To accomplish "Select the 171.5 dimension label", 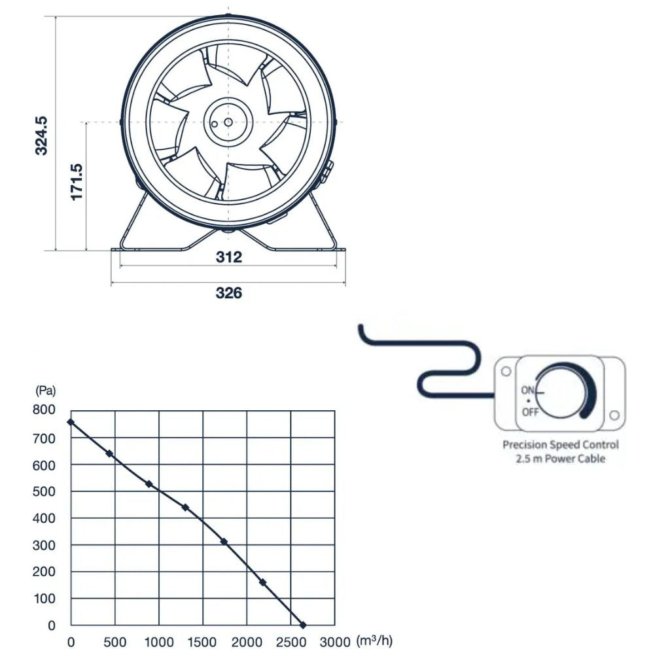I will (x=77, y=182).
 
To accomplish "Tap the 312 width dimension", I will (x=228, y=257).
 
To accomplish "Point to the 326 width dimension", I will (x=228, y=292).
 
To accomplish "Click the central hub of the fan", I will (x=228, y=122).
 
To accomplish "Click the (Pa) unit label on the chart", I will (x=45, y=391).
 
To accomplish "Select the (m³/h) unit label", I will (x=374, y=641).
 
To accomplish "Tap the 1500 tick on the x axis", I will (x=202, y=643).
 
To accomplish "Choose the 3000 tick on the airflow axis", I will (x=335, y=643).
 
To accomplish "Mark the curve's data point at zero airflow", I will (x=71, y=422).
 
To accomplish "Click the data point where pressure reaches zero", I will (x=303, y=626).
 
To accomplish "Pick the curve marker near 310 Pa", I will (x=224, y=542).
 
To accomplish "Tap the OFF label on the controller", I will (x=530, y=412).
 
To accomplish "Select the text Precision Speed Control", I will (x=560, y=445).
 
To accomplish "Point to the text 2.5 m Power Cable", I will (x=560, y=459).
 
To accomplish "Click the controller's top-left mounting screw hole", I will (x=506, y=372).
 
